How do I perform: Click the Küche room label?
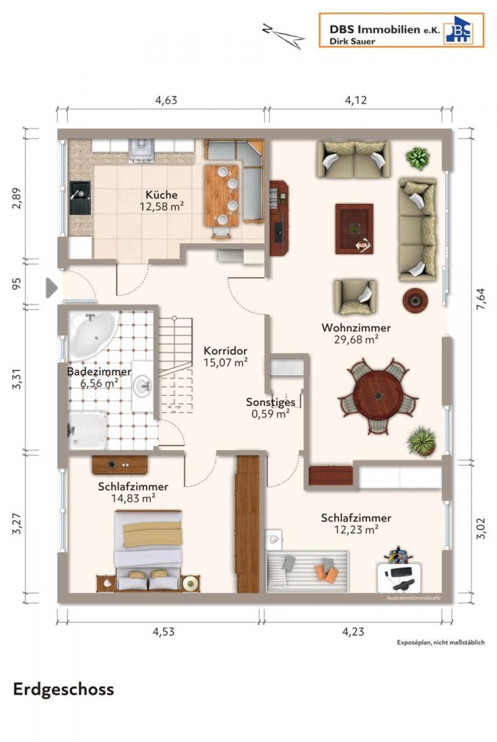coord(161,194)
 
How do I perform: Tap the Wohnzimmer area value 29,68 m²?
coord(356,339)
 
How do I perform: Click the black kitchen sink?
coord(80,199)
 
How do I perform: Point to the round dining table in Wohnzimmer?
coord(378,396)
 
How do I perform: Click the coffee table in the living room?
coord(354,229)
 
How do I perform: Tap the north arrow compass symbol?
coord(283,35)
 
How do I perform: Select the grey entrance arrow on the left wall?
coord(51,288)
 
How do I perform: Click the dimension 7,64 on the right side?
coord(481,299)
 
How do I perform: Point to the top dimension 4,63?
coord(166,100)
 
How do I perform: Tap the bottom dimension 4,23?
coord(354,631)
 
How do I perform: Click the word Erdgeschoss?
coord(63,690)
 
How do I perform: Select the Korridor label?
coord(226,350)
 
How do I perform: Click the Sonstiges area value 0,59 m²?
coord(270,414)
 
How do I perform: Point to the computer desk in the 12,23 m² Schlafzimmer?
coord(400,576)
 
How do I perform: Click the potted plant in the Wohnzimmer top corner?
coord(417,158)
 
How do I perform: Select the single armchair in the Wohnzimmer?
coord(355,297)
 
